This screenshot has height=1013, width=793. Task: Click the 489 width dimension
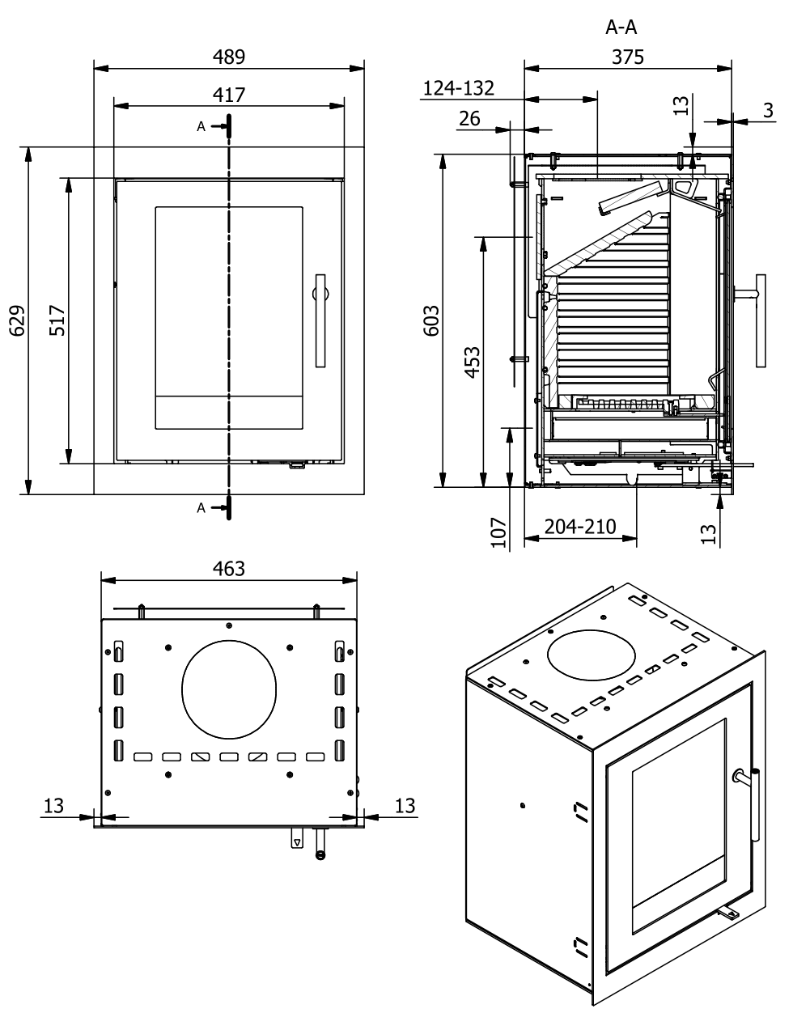pyautogui.click(x=229, y=57)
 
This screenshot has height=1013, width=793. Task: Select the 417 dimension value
pyautogui.click(x=229, y=95)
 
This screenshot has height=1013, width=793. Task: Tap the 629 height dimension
pyautogui.click(x=19, y=320)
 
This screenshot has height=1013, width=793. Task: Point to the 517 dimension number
pyautogui.click(x=57, y=320)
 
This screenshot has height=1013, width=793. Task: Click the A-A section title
pyautogui.click(x=621, y=28)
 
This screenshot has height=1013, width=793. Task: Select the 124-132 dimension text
pyautogui.click(x=460, y=87)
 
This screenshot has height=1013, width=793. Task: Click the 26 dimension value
pyautogui.click(x=469, y=118)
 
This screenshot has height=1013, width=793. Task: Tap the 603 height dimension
pyautogui.click(x=433, y=320)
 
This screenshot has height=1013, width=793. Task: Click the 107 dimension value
pyautogui.click(x=498, y=533)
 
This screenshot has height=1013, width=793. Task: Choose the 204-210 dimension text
pyautogui.click(x=580, y=527)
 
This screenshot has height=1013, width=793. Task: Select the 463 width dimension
pyautogui.click(x=228, y=568)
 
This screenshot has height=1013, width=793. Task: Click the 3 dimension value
pyautogui.click(x=768, y=110)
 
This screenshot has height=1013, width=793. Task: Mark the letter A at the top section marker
pyautogui.click(x=201, y=126)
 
